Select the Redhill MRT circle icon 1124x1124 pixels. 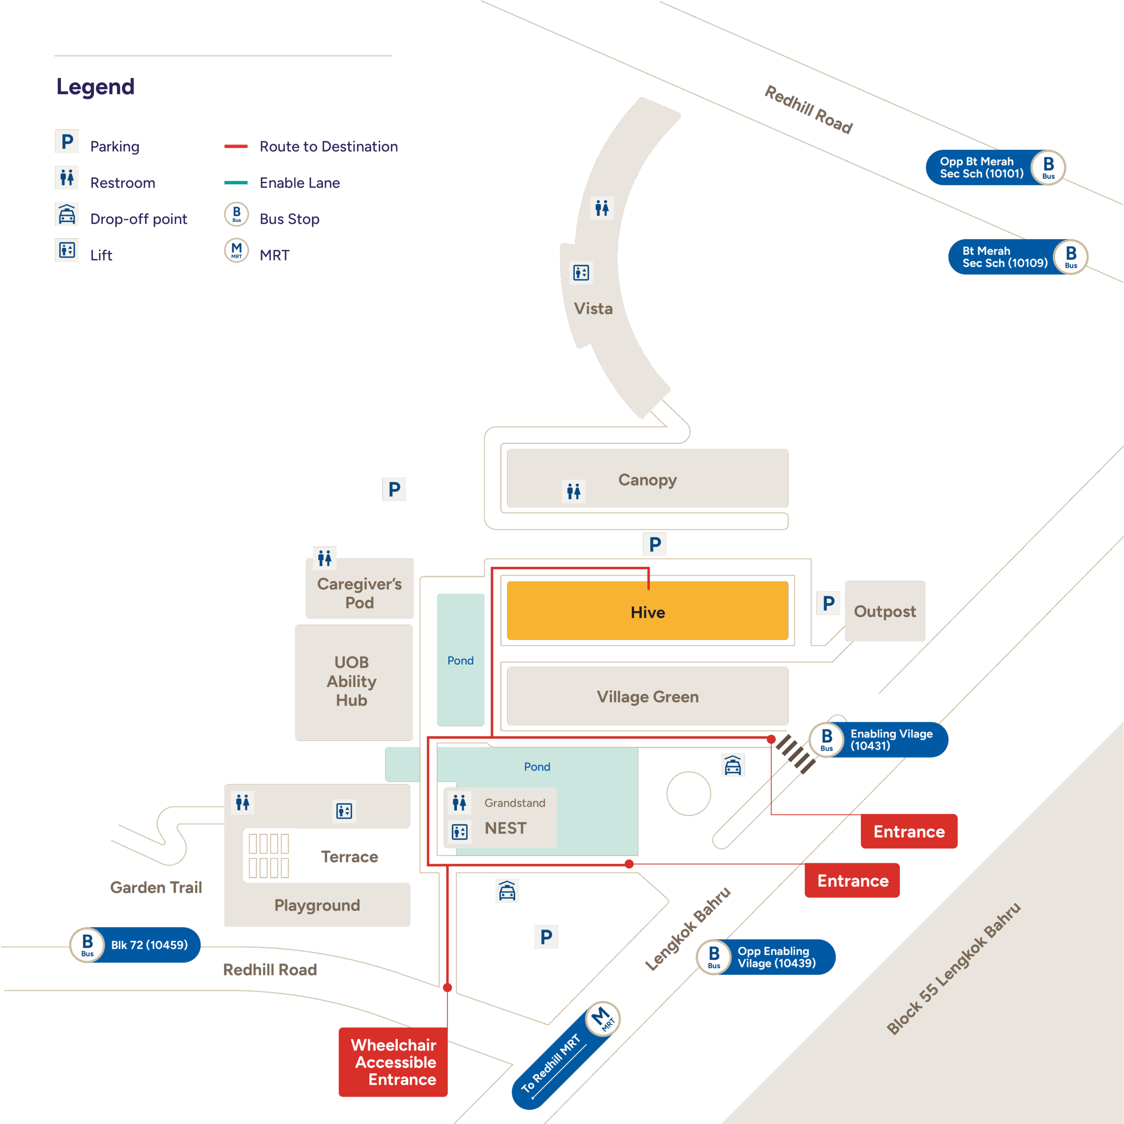click(603, 1019)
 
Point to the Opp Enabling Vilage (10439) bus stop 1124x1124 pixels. click(766, 957)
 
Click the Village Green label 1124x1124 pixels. click(648, 696)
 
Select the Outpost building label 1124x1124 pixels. click(884, 612)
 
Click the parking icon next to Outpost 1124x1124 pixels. click(829, 603)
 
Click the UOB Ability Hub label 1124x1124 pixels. click(351, 681)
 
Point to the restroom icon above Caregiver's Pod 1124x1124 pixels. click(324, 558)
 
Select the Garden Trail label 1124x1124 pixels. click(156, 887)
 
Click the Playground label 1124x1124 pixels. click(317, 905)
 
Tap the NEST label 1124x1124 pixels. click(505, 828)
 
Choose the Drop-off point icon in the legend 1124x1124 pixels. click(67, 215)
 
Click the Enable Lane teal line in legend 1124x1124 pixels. click(236, 183)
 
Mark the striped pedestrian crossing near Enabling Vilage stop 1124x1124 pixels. click(795, 754)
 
